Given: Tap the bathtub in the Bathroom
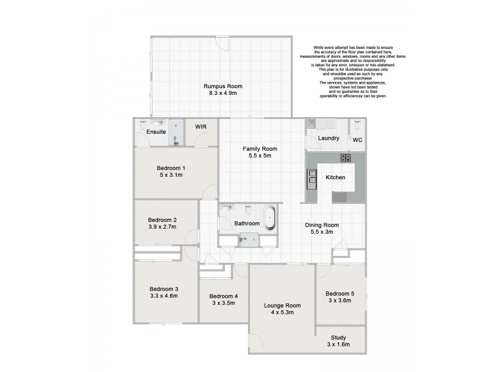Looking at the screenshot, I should pyautogui.click(x=270, y=219).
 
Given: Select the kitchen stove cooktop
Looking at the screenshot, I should pyautogui.click(x=345, y=158).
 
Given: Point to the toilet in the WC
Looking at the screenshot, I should pyautogui.click(x=357, y=125).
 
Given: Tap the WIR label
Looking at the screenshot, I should pyautogui.click(x=201, y=126).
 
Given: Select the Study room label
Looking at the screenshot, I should pyautogui.click(x=339, y=337).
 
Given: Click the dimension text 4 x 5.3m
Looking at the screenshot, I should pyautogui.click(x=282, y=312).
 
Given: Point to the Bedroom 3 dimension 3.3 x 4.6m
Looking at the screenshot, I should pyautogui.click(x=164, y=296).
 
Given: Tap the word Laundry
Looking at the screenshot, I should pyautogui.click(x=329, y=138).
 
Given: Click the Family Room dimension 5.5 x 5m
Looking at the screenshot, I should pyautogui.click(x=260, y=156).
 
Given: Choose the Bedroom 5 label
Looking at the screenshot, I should pyautogui.click(x=339, y=293).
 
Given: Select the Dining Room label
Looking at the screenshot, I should pyautogui.click(x=322, y=224).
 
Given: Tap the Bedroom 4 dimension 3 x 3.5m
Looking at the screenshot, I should pyautogui.click(x=223, y=303).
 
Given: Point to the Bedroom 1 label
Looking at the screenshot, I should pyautogui.click(x=170, y=168).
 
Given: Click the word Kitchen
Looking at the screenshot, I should pyautogui.click(x=335, y=177).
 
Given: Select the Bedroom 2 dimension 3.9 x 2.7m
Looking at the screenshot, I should pyautogui.click(x=162, y=227).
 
